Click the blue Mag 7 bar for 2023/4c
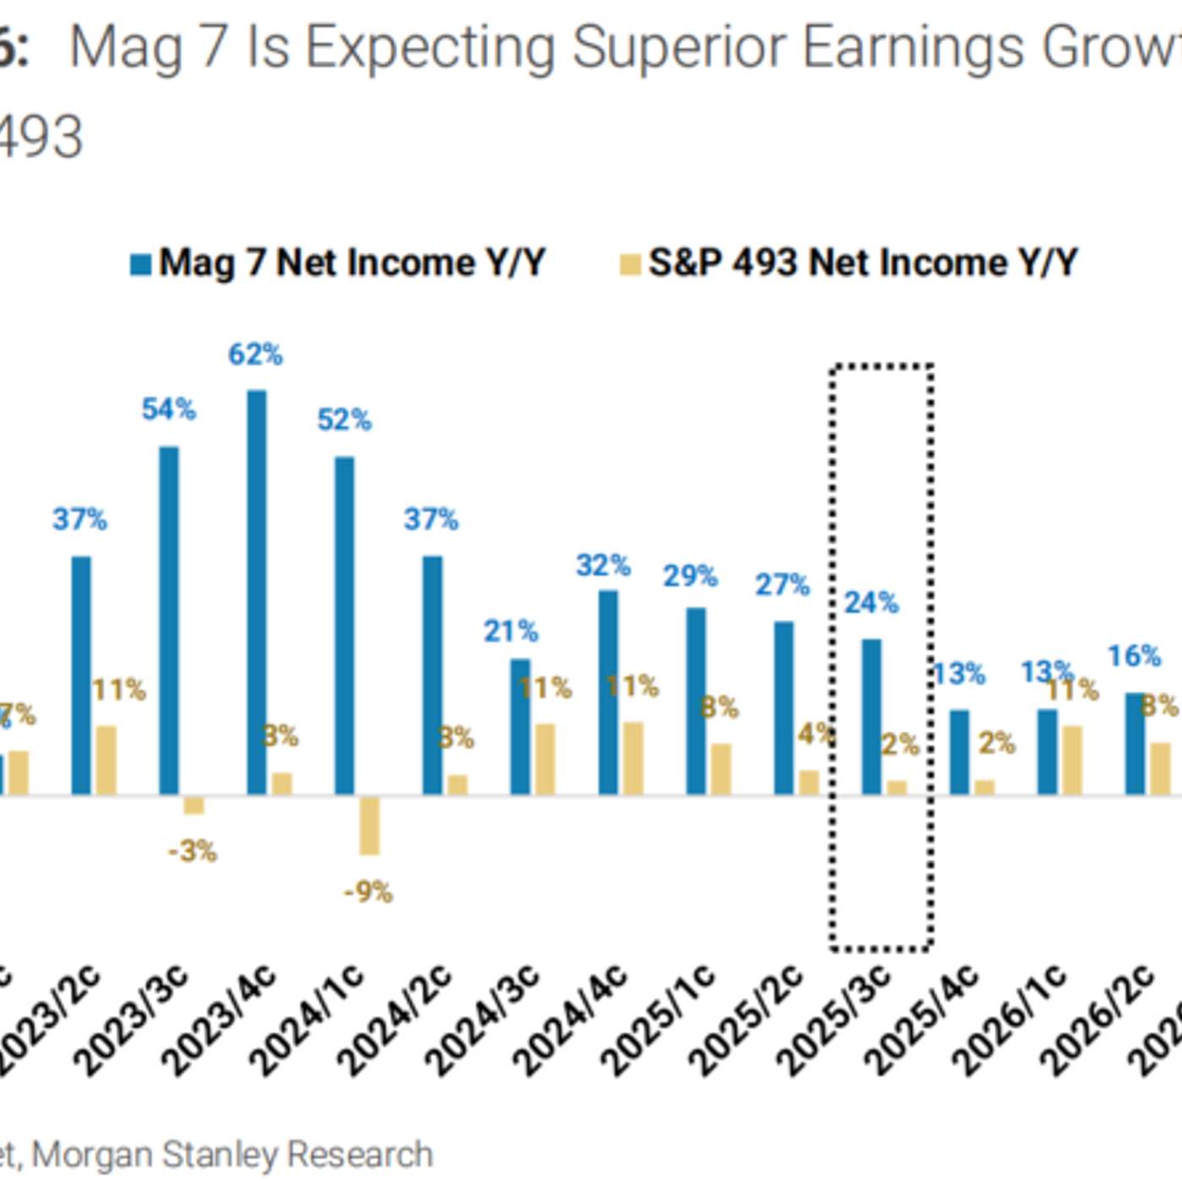pyautogui.click(x=257, y=591)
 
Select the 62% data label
pyautogui.click(x=255, y=355)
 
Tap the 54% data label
pyautogui.click(x=168, y=409)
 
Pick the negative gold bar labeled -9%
pyautogui.click(x=369, y=826)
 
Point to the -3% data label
pyautogui.click(x=192, y=851)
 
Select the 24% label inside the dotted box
pyautogui.click(x=871, y=603)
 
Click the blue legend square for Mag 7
pyautogui.click(x=140, y=264)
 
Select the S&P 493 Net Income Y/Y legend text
pyautogui.click(x=863, y=263)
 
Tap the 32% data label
pyautogui.click(x=603, y=566)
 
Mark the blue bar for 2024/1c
pyautogui.click(x=344, y=625)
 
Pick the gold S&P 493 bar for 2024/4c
pyautogui.click(x=633, y=758)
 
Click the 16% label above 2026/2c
pyautogui.click(x=1134, y=656)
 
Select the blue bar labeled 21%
pyautogui.click(x=520, y=726)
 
